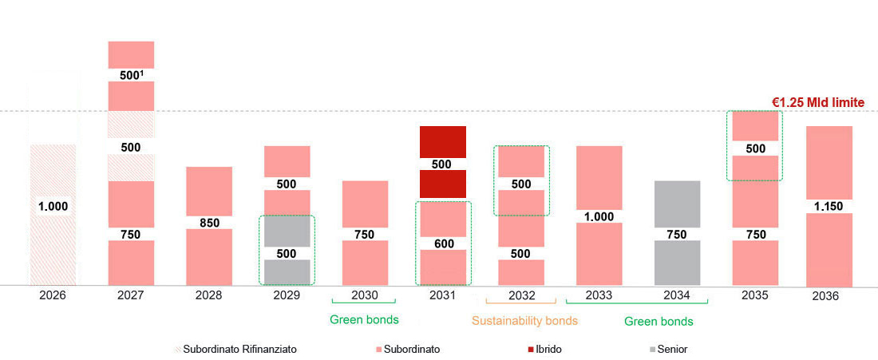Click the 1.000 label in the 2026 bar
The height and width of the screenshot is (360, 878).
(53, 206)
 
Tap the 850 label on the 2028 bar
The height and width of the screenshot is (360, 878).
(209, 223)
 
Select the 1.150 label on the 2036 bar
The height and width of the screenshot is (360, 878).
(829, 206)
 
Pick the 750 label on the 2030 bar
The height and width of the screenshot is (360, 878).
(365, 234)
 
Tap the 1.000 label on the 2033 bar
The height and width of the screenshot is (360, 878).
(599, 216)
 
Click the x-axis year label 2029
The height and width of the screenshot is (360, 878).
(287, 295)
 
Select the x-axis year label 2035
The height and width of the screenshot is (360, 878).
(754, 295)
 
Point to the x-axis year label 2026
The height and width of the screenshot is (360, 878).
(53, 295)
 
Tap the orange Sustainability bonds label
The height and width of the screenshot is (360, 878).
(524, 321)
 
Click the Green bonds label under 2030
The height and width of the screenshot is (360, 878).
(364, 320)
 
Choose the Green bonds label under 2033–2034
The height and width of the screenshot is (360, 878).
(658, 321)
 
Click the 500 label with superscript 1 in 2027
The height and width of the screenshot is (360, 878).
(130, 75)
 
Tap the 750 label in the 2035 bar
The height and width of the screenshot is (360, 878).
(755, 234)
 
